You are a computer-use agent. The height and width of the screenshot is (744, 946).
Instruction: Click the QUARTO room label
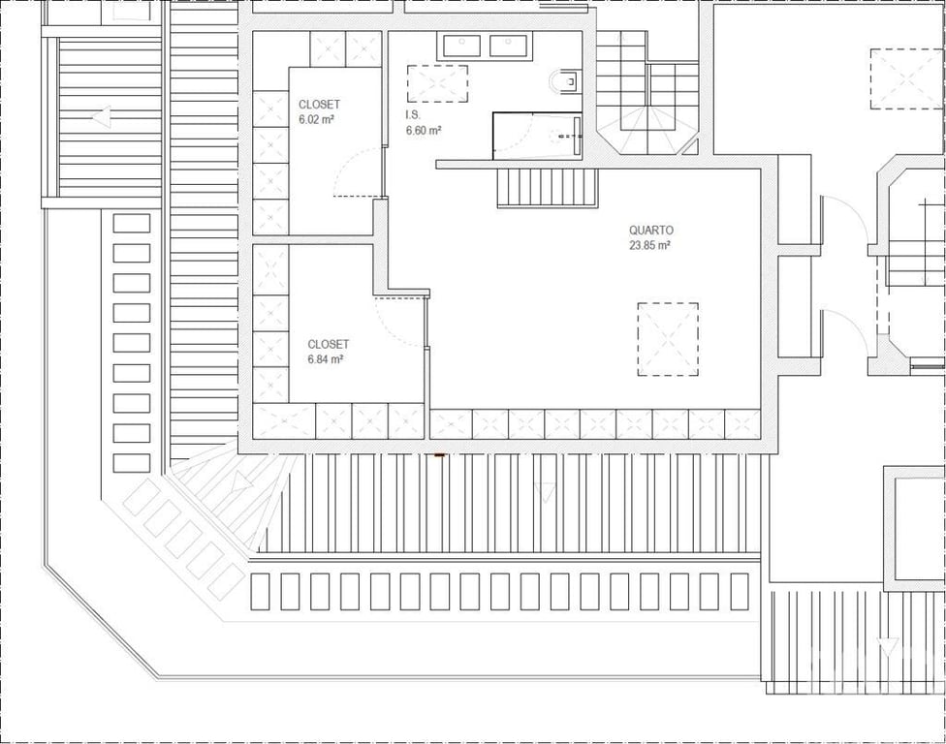[x=651, y=231]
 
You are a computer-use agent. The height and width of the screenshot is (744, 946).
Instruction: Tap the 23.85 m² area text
[x=650, y=245]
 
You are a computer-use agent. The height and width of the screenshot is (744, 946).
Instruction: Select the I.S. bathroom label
[x=413, y=114]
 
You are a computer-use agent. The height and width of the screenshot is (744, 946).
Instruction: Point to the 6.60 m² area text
[x=424, y=130]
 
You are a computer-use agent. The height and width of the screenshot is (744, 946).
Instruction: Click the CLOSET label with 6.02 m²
[x=319, y=105]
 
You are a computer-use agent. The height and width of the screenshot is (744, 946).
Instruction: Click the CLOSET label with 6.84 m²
[x=329, y=344]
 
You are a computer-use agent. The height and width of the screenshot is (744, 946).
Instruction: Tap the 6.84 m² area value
[x=326, y=359]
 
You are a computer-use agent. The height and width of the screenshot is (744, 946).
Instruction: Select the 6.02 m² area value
[x=317, y=119]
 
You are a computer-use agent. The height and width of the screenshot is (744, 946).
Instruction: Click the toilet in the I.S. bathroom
[x=565, y=81]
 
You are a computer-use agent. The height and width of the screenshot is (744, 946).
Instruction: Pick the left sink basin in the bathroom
[x=462, y=46]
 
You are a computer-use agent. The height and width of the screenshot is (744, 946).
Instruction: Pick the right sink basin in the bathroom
[x=508, y=46]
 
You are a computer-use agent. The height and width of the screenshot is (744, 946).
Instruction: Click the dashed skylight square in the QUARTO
[x=668, y=339]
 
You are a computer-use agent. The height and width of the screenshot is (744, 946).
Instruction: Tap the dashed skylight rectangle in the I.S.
[x=437, y=84]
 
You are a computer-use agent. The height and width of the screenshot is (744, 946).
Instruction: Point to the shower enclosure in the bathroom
[x=537, y=136]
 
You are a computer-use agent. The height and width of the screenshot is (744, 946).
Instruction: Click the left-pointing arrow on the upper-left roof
[x=102, y=117]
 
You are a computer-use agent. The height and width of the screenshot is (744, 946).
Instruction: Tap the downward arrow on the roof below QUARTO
[x=545, y=492]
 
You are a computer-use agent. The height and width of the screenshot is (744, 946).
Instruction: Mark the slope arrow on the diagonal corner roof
[x=242, y=482]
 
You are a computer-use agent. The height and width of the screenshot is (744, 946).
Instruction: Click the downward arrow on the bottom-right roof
[x=886, y=648]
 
